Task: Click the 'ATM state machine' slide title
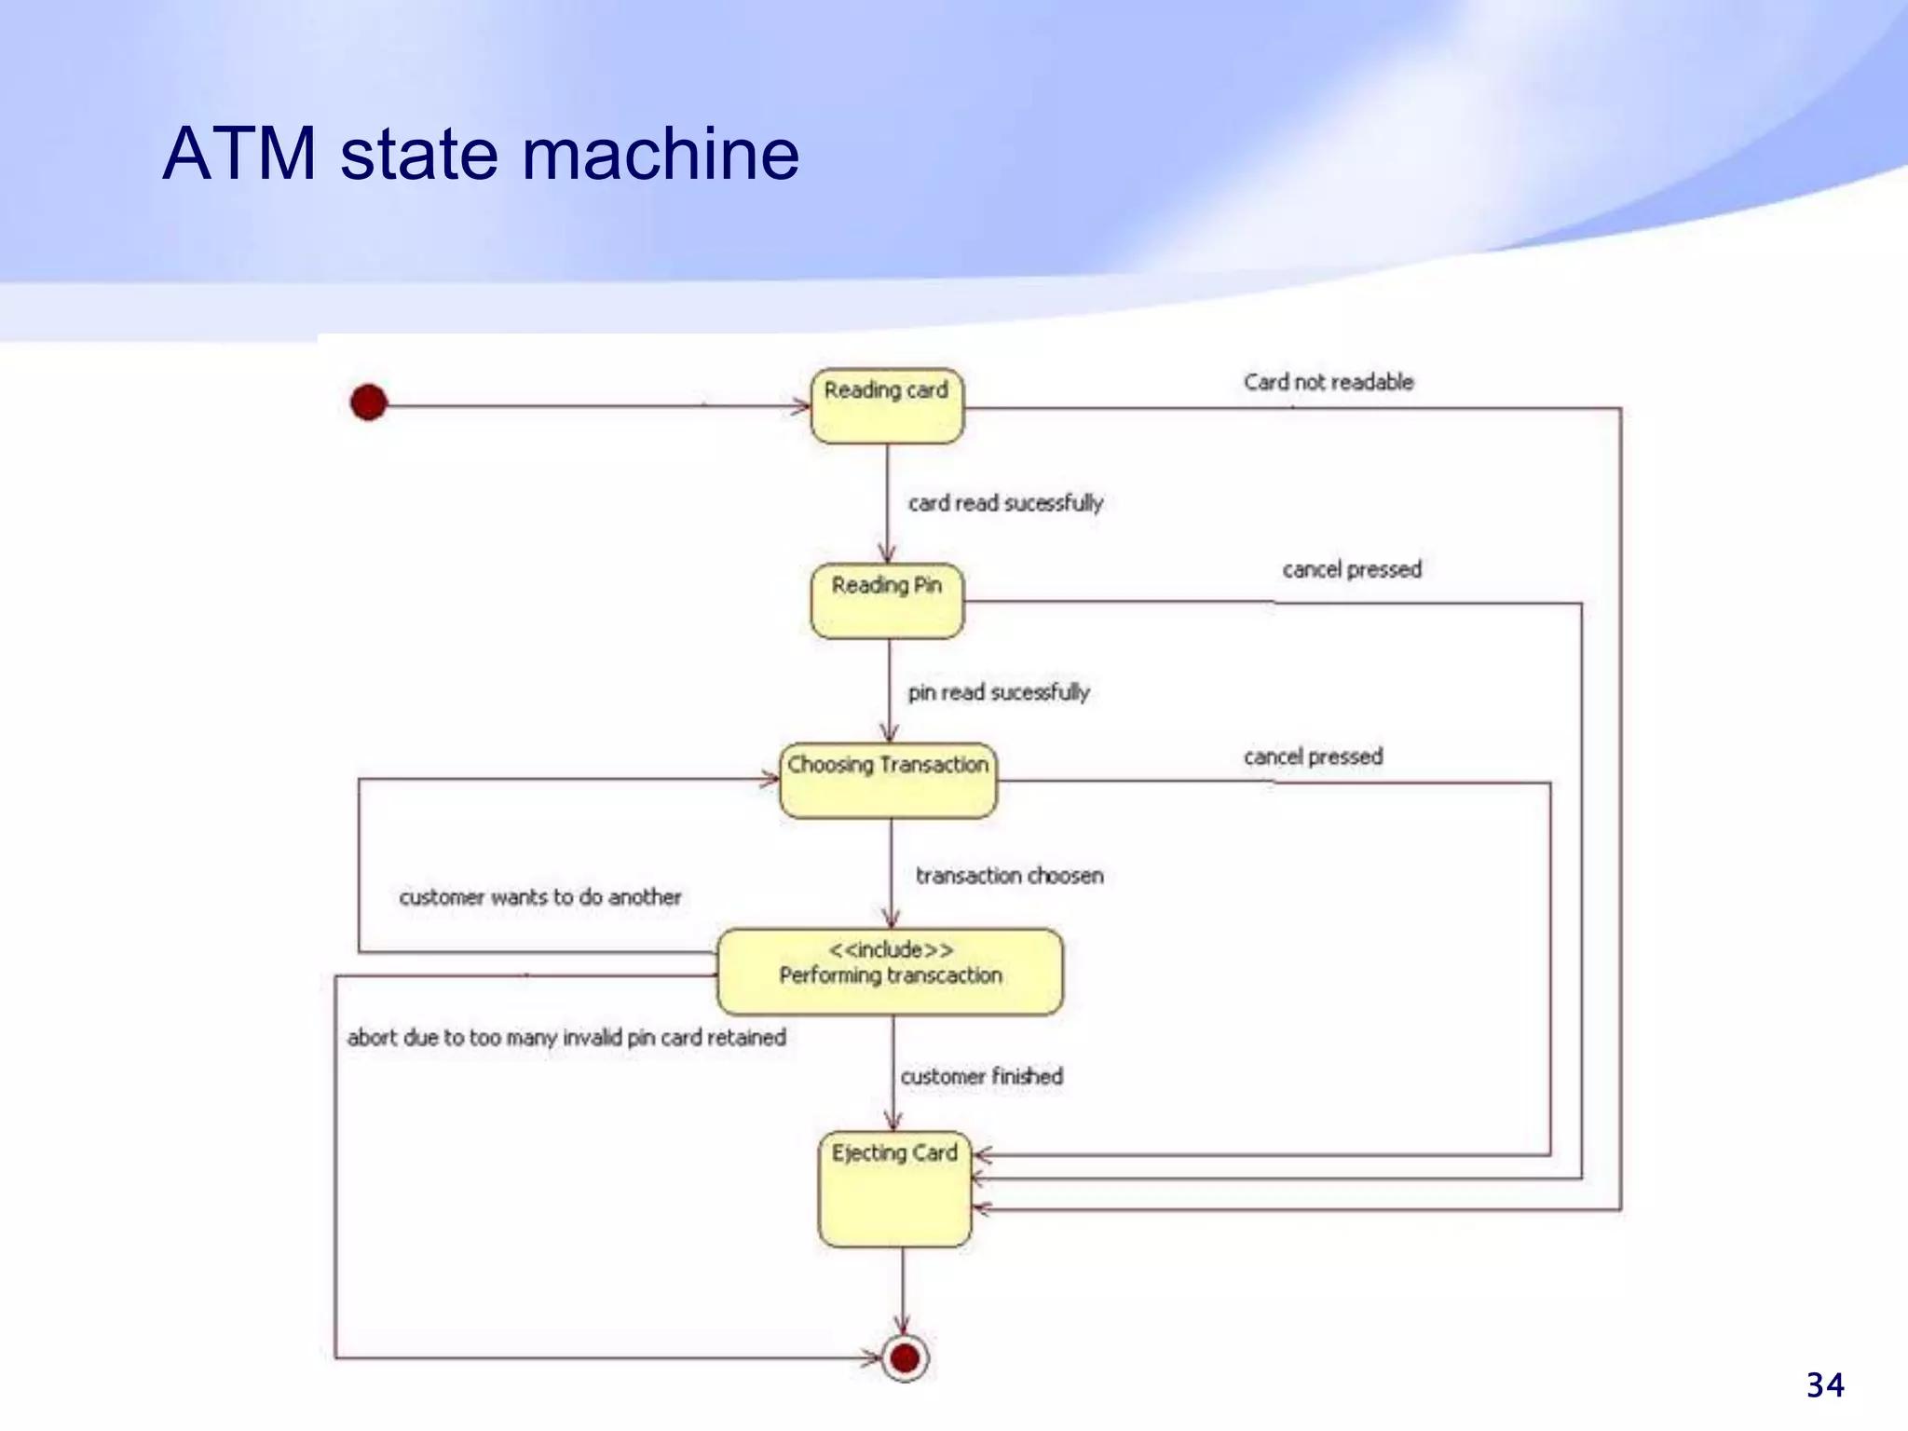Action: pyautogui.click(x=481, y=154)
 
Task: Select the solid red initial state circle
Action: pyautogui.click(x=368, y=402)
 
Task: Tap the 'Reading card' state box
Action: pyautogui.click(x=887, y=406)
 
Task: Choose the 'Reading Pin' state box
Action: pyautogui.click(x=887, y=601)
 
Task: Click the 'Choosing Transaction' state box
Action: pyautogui.click(x=888, y=781)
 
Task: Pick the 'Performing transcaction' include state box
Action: pyautogui.click(x=890, y=972)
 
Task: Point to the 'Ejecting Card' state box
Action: pyautogui.click(x=894, y=1190)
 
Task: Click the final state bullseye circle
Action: pyautogui.click(x=904, y=1357)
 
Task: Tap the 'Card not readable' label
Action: pyautogui.click(x=1329, y=382)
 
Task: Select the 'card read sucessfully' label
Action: pyautogui.click(x=1005, y=503)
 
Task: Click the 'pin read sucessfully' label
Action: pyautogui.click(x=999, y=692)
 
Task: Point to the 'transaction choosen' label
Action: pyautogui.click(x=1009, y=876)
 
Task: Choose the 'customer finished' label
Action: pyautogui.click(x=981, y=1076)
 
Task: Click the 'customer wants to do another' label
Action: pyautogui.click(x=540, y=897)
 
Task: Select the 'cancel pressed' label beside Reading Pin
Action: pyautogui.click(x=1352, y=569)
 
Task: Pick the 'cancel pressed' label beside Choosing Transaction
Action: pyautogui.click(x=1313, y=756)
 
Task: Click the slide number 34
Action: pyautogui.click(x=1824, y=1385)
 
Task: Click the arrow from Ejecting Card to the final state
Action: pyautogui.click(x=902, y=1290)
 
